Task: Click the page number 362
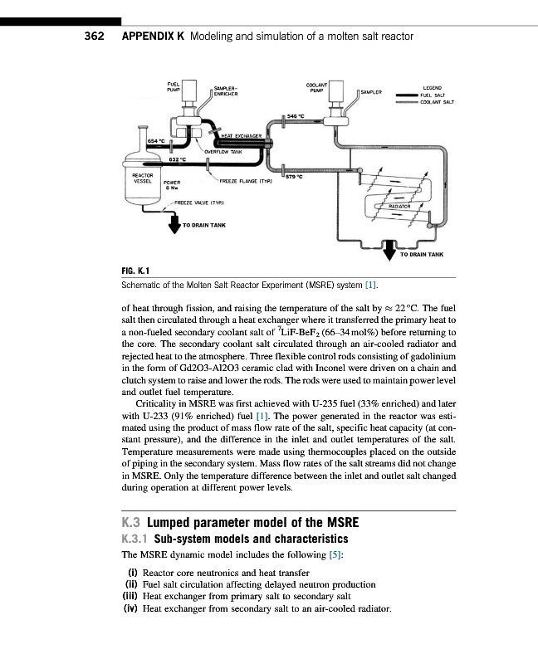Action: tap(93, 37)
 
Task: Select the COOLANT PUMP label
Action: tap(316, 86)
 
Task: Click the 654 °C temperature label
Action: tap(156, 142)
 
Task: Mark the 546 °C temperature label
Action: tap(296, 116)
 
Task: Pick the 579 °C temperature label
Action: tap(296, 175)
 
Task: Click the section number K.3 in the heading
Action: tap(133, 523)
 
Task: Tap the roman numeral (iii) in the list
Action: tap(133, 596)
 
